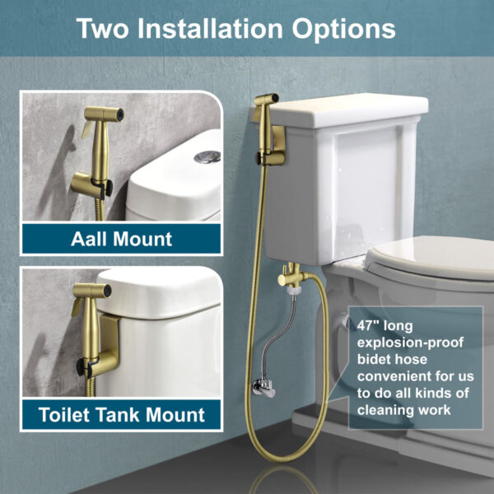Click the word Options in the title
343,30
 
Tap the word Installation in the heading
210,28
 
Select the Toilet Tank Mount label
122,414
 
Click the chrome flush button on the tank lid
207,156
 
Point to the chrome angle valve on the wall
263,388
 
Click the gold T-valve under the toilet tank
292,275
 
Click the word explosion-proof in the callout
410,343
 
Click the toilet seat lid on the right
431,256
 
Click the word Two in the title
103,29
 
